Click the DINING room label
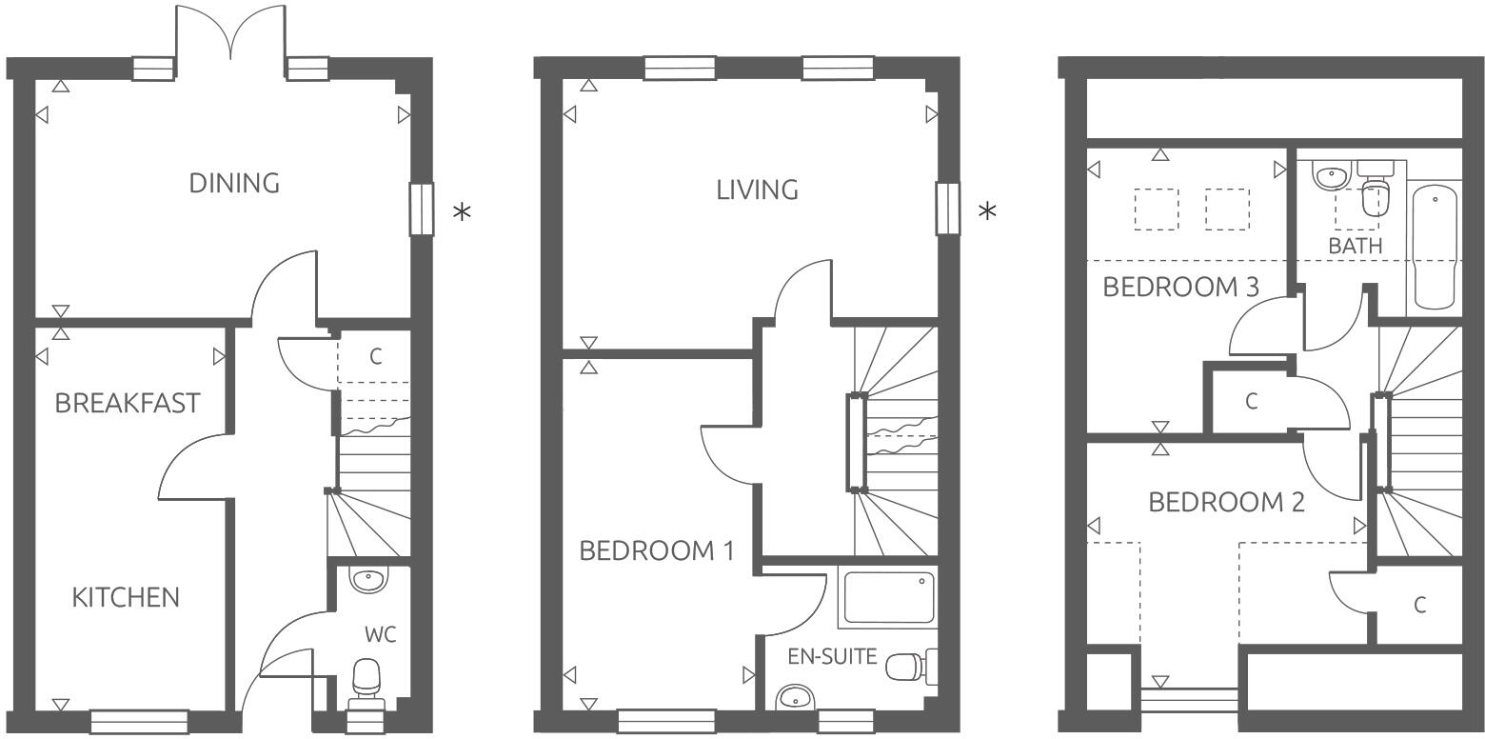(234, 183)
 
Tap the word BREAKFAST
(128, 403)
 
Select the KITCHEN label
(126, 598)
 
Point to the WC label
(381, 634)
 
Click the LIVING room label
(757, 190)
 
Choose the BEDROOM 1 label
(657, 550)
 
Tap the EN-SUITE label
(832, 656)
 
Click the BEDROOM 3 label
(1180, 287)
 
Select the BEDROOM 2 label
(1226, 502)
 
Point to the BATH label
(1355, 246)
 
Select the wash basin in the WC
(367, 578)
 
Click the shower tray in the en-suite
(888, 596)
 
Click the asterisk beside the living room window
(988, 210)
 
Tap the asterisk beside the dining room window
(462, 211)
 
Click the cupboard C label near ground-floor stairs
(376, 357)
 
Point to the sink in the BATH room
(1330, 174)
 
